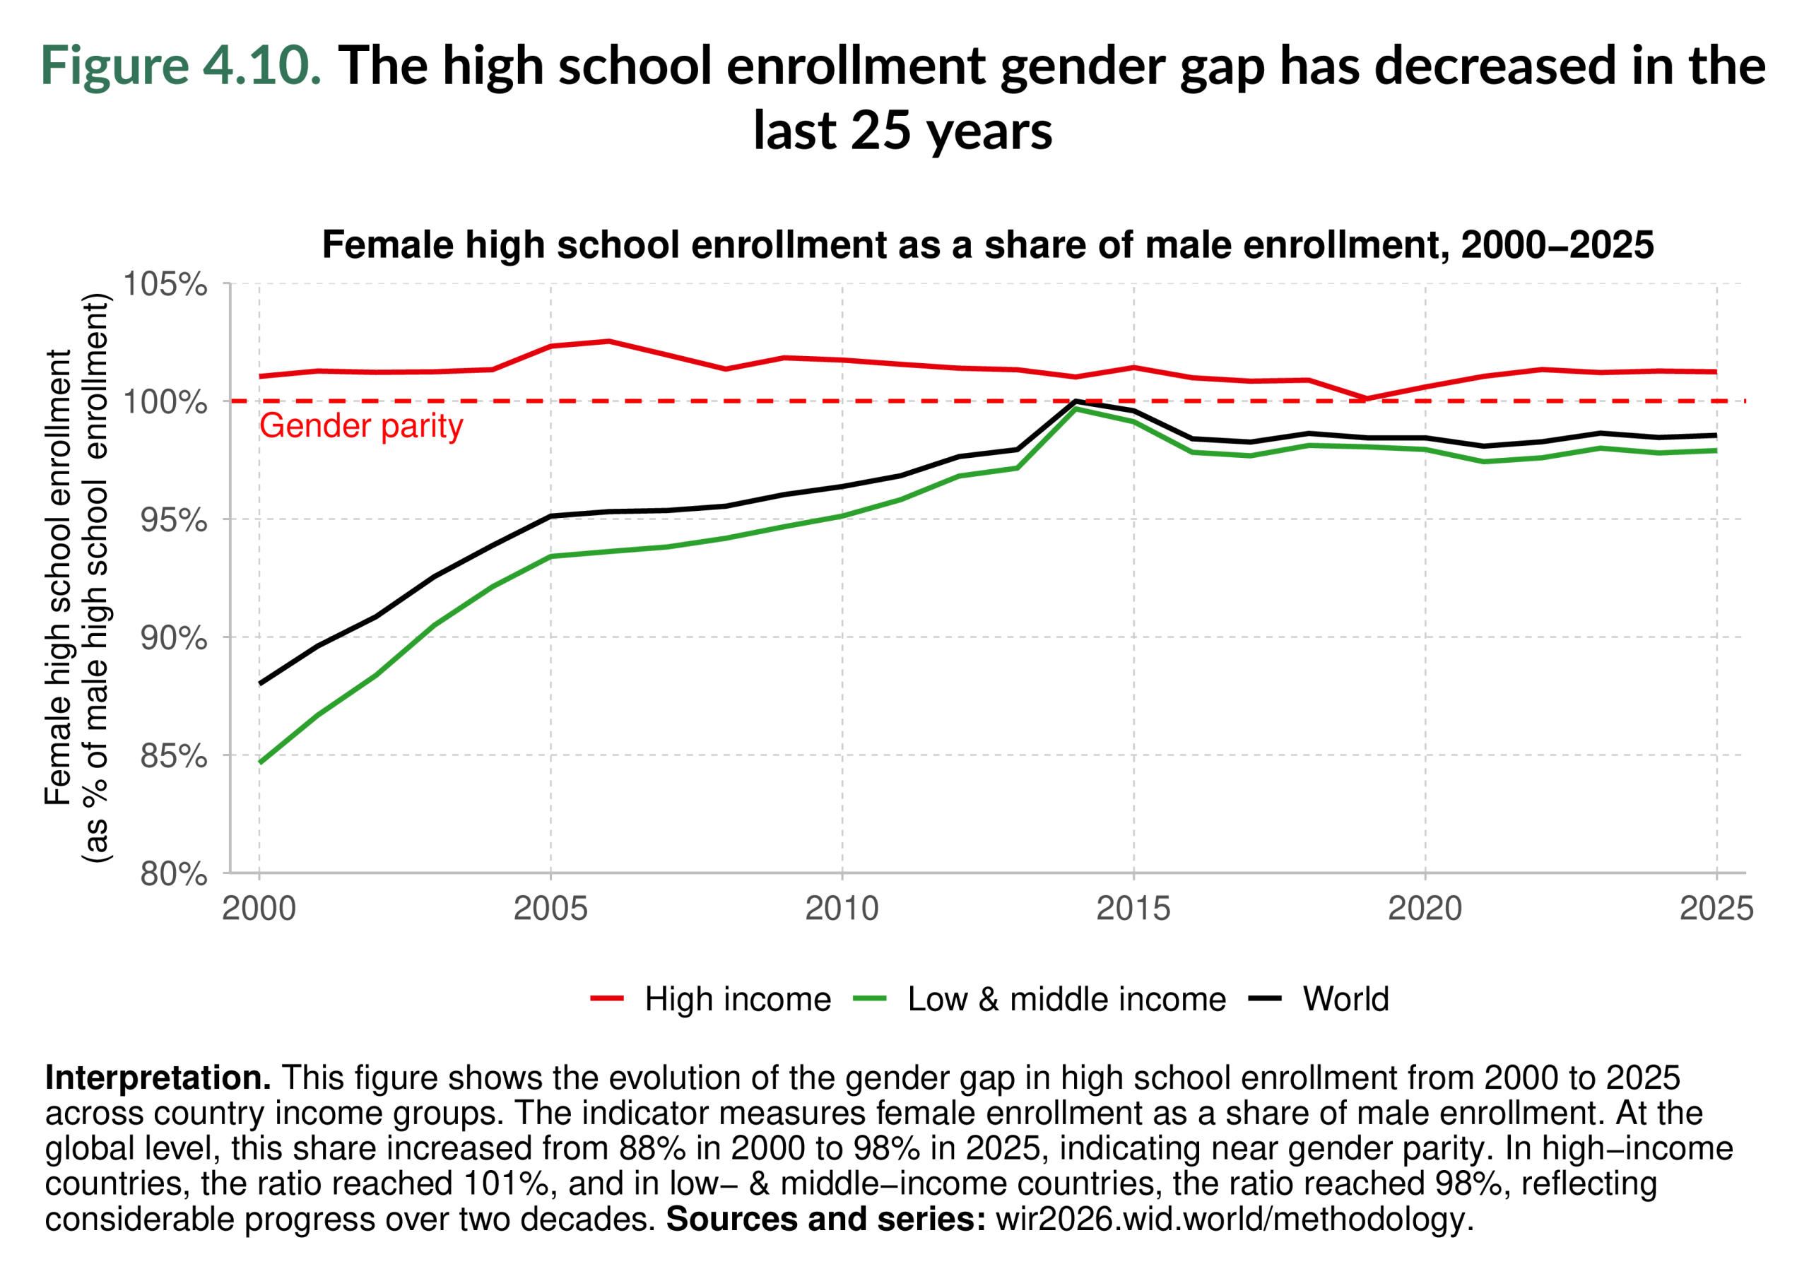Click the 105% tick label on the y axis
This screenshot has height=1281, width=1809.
point(165,284)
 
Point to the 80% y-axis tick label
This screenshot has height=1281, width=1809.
point(174,874)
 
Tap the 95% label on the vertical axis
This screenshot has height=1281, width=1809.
point(174,520)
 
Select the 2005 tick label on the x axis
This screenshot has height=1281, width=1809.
point(550,909)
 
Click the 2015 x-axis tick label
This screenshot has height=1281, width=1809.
point(1133,909)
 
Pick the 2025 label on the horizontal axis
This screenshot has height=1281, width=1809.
point(1716,909)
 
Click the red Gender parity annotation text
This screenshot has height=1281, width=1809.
point(360,426)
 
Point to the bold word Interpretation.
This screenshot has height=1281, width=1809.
point(158,1078)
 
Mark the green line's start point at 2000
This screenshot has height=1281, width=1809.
point(260,762)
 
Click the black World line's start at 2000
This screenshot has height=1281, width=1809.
point(260,683)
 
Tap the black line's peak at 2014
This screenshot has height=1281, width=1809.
point(1076,401)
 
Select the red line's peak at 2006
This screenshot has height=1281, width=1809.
point(608,341)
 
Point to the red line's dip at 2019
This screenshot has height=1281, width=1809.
point(1367,399)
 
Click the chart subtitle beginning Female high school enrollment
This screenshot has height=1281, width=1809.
point(987,244)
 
